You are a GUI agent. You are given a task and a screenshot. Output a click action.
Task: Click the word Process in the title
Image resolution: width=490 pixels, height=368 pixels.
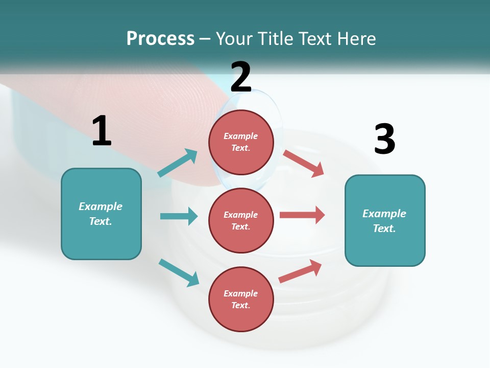point(160,39)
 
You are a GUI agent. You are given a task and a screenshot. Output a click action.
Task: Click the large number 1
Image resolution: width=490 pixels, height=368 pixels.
point(102,130)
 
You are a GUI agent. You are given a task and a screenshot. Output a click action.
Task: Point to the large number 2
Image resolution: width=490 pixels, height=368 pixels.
point(241,77)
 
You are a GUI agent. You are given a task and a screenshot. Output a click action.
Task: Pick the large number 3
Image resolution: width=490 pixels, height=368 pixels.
point(385,139)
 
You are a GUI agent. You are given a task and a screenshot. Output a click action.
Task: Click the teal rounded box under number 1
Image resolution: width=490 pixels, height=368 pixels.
point(101,214)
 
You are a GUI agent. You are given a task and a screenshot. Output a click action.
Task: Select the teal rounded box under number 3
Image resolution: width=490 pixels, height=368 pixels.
point(385,221)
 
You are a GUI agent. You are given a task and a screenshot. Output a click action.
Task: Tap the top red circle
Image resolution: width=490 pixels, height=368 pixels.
point(241,142)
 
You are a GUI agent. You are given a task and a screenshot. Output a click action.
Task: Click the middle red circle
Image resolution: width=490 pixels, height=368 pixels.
point(241,221)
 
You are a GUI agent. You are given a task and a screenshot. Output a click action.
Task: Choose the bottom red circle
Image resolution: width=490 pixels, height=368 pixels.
point(241,299)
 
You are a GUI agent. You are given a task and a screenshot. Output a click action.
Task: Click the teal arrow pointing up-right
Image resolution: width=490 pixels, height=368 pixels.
point(178,163)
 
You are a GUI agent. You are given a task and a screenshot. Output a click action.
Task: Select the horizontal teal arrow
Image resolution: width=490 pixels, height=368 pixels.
point(179,216)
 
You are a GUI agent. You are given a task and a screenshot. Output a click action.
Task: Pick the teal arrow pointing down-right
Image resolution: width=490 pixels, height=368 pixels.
point(179,273)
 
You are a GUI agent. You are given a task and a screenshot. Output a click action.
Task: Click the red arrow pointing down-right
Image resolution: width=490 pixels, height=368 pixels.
point(304,164)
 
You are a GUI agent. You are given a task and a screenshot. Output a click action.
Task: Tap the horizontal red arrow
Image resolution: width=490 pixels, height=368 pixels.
point(302,215)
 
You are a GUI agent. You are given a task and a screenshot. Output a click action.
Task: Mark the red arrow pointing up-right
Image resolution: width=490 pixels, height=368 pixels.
point(300,271)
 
